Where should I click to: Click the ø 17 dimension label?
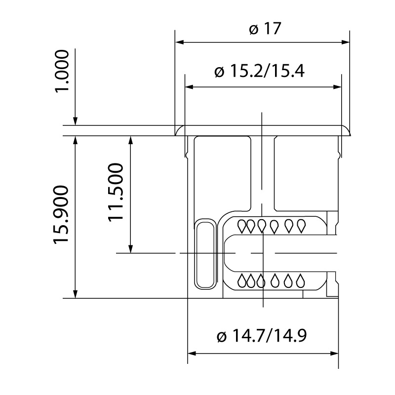pos(265,29)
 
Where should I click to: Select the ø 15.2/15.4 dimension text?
pos(260,71)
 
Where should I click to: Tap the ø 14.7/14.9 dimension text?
pos(262,336)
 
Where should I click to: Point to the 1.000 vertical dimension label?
pos(62,72)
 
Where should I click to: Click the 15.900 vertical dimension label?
pos(61,215)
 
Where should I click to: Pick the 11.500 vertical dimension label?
pos(116,193)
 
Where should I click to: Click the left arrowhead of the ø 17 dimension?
pos(179,42)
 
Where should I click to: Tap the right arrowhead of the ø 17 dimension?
pos(346,42)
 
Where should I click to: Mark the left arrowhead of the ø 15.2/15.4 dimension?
pos(189,87)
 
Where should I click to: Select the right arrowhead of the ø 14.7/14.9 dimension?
pos(334,354)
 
